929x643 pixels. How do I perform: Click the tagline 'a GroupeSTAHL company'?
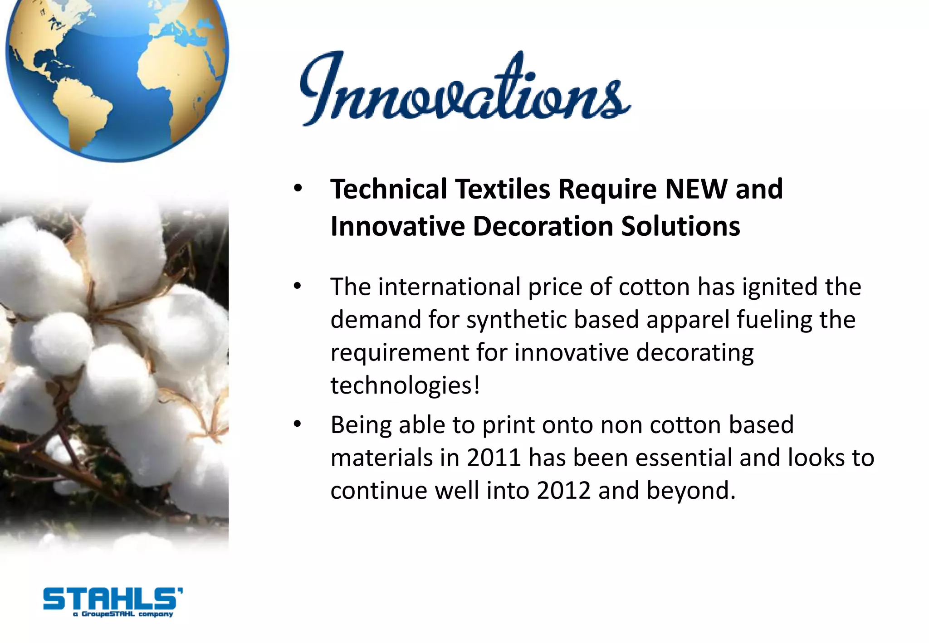pos(123,614)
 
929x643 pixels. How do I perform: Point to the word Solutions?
pos(680,226)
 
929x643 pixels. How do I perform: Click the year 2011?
pos(494,458)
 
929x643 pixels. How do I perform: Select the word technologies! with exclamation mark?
pos(405,385)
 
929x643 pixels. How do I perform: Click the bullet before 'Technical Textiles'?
pos(298,189)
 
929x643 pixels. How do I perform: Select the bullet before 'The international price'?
pos(298,287)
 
